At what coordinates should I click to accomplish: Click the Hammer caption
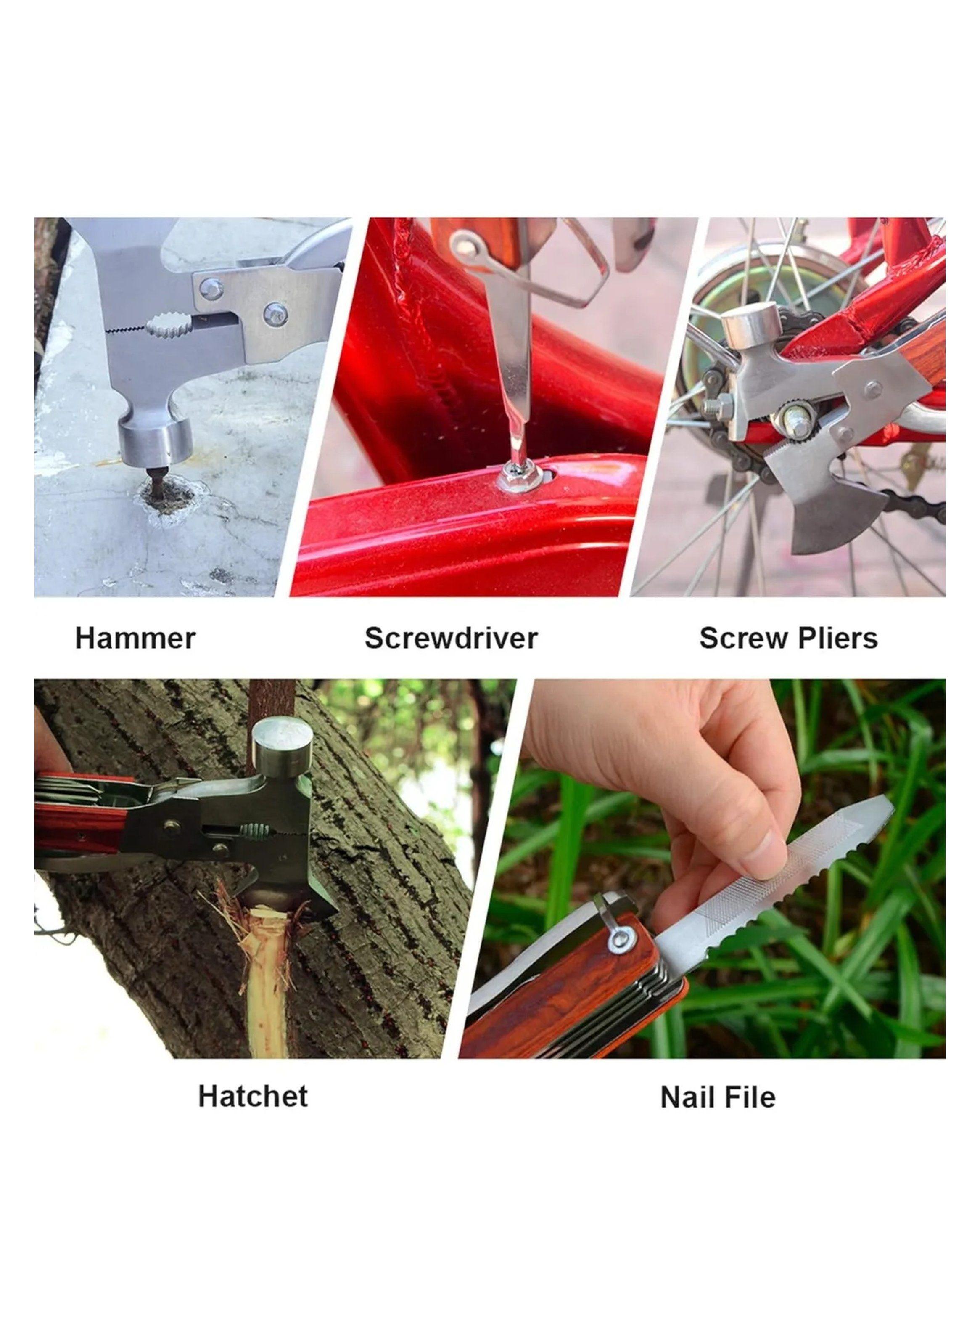click(135, 639)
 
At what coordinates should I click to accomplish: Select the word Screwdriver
click(451, 639)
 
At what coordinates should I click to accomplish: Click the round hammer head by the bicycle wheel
click(750, 326)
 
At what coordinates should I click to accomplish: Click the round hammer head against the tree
click(283, 742)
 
